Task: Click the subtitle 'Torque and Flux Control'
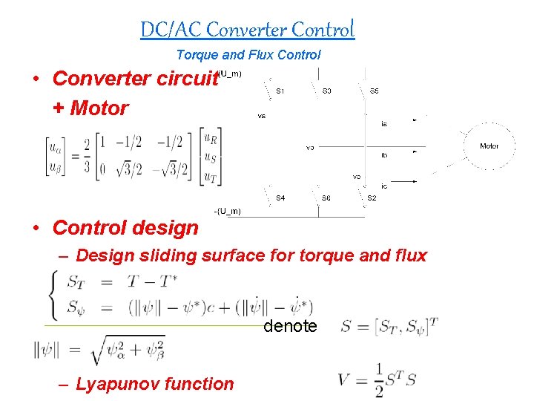pyautogui.click(x=248, y=55)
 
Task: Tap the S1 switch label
pyautogui.click(x=280, y=91)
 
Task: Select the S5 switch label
pyautogui.click(x=375, y=91)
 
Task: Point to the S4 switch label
pyautogui.click(x=280, y=198)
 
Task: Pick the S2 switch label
pyautogui.click(x=372, y=198)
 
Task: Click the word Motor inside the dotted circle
pyautogui.click(x=489, y=146)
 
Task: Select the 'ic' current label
pyautogui.click(x=383, y=186)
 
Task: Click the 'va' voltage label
pyautogui.click(x=261, y=117)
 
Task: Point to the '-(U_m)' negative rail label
pyautogui.click(x=226, y=212)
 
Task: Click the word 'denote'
pyautogui.click(x=290, y=326)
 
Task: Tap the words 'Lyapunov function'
pyautogui.click(x=155, y=384)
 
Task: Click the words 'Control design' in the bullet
pyautogui.click(x=126, y=228)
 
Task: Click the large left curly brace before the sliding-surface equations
pyautogui.click(x=51, y=293)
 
